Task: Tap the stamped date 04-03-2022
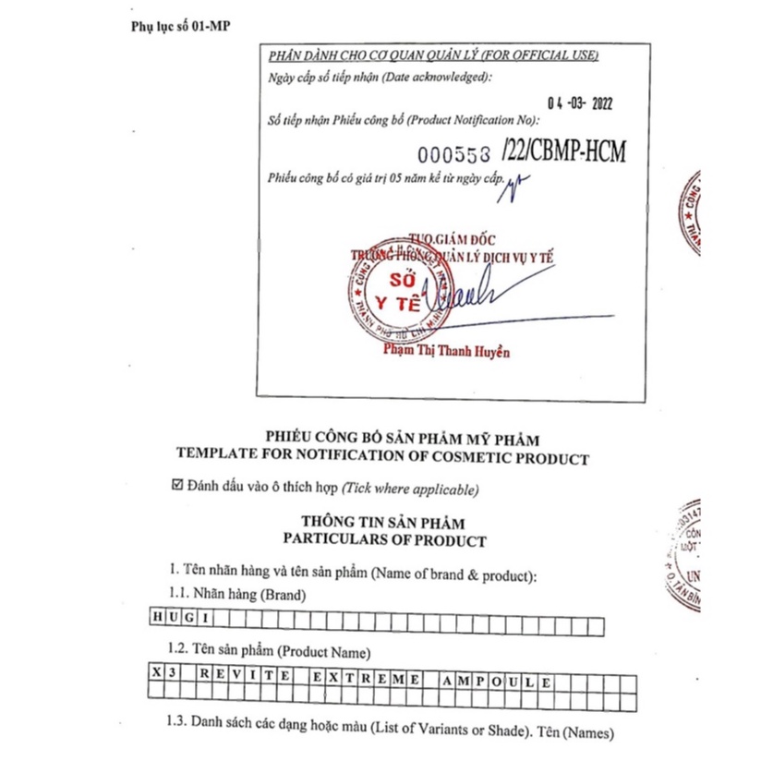click(580, 103)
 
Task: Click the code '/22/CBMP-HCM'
click(563, 151)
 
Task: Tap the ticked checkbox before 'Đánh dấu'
click(178, 486)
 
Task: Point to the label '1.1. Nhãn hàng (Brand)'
click(236, 596)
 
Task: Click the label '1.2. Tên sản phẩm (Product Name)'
click(268, 652)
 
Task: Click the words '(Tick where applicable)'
click(410, 487)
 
